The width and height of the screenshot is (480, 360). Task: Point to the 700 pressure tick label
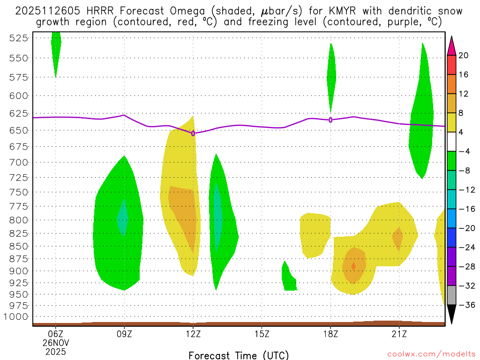pyautogui.click(x=19, y=162)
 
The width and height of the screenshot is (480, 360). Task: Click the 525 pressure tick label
pyautogui.click(x=19, y=38)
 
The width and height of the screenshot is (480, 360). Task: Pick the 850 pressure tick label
pyautogui.click(x=19, y=246)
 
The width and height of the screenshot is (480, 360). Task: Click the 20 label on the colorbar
pyautogui.click(x=464, y=55)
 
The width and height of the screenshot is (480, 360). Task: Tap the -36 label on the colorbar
pyautogui.click(x=465, y=305)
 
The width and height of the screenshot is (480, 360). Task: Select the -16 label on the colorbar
pyautogui.click(x=465, y=209)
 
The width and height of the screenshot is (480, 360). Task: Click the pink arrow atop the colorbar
pyautogui.click(x=451, y=45)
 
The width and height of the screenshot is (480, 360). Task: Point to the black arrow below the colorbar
pyautogui.click(x=451, y=315)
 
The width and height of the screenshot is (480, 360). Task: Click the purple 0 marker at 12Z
pyautogui.click(x=193, y=133)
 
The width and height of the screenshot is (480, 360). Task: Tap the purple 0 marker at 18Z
pyautogui.click(x=330, y=120)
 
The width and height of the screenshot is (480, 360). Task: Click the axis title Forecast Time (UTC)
pyautogui.click(x=239, y=355)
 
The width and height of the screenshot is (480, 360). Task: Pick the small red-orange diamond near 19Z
pyautogui.click(x=353, y=266)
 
